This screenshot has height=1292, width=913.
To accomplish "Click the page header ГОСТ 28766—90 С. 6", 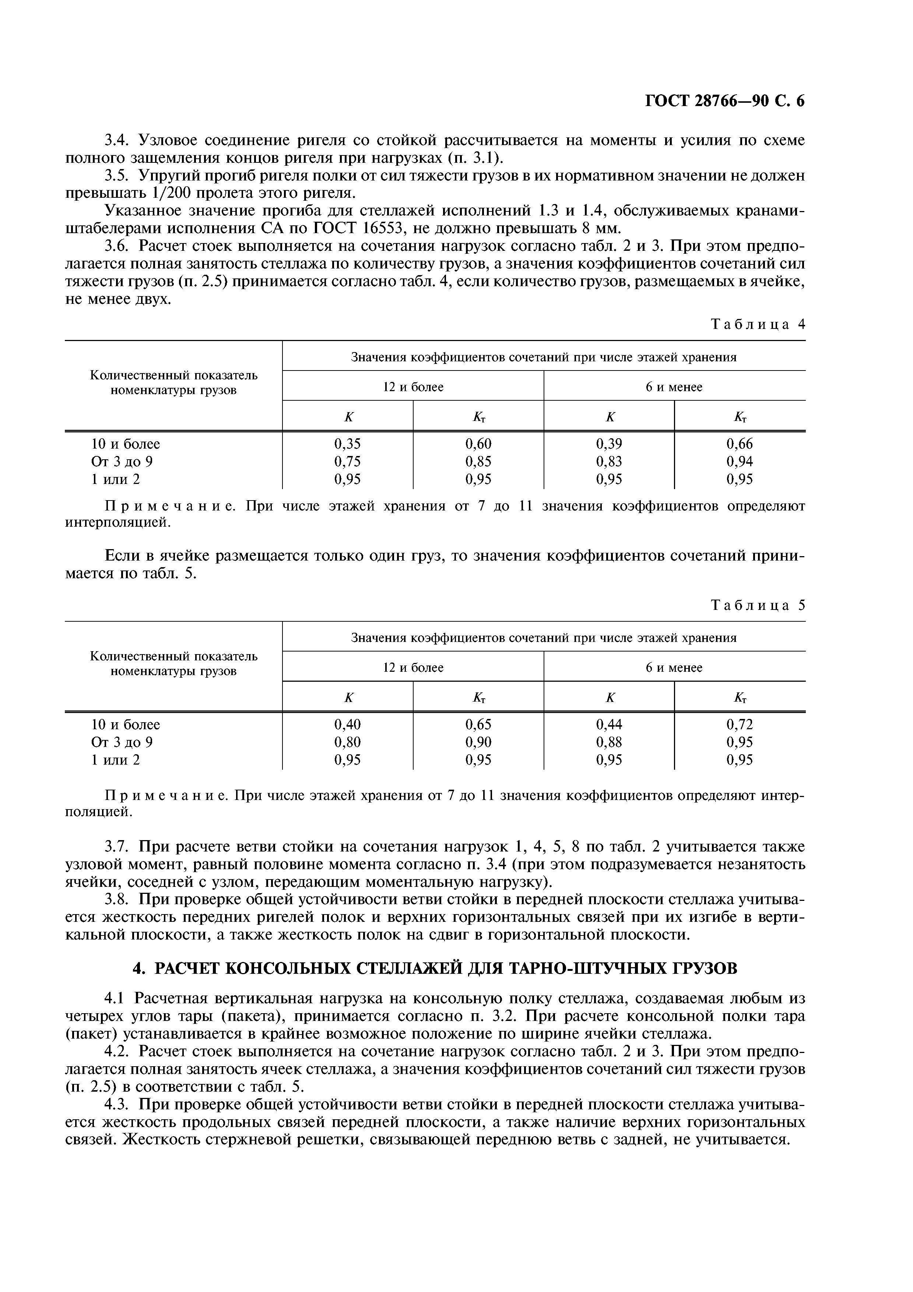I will [x=724, y=101].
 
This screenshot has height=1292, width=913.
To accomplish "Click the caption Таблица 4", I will [x=758, y=324].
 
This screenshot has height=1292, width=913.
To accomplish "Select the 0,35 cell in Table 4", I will [x=347, y=444].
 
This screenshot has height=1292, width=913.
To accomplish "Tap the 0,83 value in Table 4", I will [x=609, y=461].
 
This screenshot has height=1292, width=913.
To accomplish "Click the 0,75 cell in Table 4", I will [x=347, y=461].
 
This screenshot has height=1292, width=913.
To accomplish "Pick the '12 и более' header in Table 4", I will [x=413, y=387].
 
